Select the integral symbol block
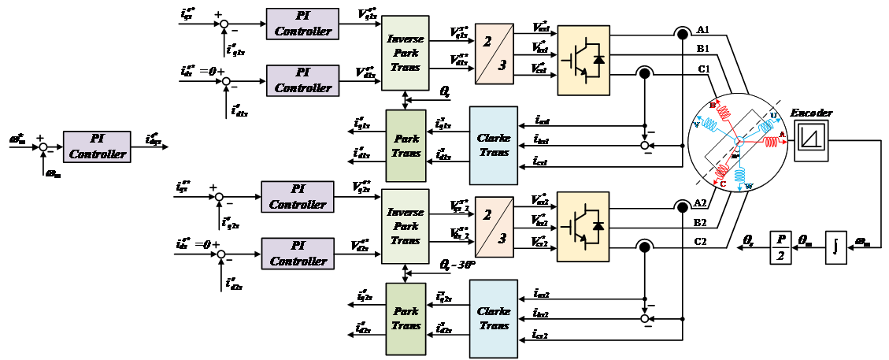coord(835,247)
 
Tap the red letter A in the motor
coord(783,135)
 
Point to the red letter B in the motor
coord(713,105)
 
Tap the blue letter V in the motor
coord(695,124)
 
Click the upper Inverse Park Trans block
coord(406,52)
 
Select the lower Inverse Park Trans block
coord(406,226)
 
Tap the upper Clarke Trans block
coord(494,145)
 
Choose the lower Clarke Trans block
coord(494,317)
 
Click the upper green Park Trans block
coord(406,145)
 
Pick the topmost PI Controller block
coord(302,24)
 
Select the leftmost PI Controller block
coord(97,147)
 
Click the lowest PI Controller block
coord(298,254)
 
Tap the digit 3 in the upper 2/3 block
coord(502,65)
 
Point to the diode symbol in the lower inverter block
coord(598,225)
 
